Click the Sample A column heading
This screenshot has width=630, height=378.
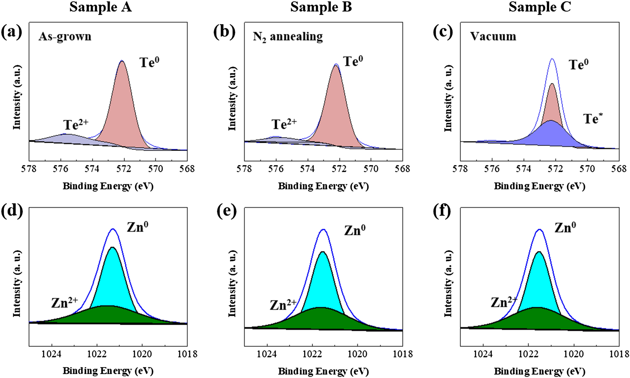click(x=100, y=7)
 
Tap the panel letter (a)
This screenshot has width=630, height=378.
click(x=12, y=32)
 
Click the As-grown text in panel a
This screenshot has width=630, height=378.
click(x=65, y=37)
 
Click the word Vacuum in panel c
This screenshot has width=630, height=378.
click(x=493, y=37)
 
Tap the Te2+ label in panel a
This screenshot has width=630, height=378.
click(x=76, y=125)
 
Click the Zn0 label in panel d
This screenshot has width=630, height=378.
click(x=137, y=227)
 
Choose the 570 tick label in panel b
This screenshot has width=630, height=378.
click(x=371, y=169)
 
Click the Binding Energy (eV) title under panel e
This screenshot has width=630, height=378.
click(x=323, y=371)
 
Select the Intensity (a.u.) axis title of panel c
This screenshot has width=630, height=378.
click(x=448, y=99)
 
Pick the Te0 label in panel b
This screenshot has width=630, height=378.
click(x=353, y=62)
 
